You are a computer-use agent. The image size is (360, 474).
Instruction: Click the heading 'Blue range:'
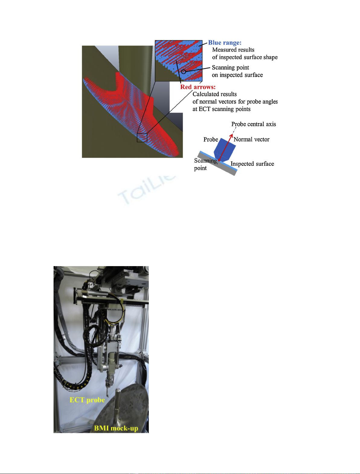[x=224, y=43]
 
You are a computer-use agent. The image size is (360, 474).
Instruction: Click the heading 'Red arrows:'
[x=198, y=87]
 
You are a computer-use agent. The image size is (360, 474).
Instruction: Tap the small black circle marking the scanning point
[x=183, y=72]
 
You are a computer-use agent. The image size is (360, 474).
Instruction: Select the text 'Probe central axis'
[x=253, y=124]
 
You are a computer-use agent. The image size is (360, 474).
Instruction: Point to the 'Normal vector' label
[x=251, y=139]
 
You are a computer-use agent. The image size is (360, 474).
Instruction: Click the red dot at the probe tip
[x=219, y=160]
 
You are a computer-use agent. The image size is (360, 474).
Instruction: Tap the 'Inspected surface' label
[x=252, y=164]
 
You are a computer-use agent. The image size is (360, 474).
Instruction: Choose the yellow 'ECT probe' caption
[x=87, y=400]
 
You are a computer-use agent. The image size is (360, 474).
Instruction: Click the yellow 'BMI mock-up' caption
[x=116, y=428]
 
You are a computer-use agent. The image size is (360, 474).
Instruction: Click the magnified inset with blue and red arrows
[x=178, y=61]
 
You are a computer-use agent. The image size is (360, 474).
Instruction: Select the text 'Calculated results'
[x=214, y=94]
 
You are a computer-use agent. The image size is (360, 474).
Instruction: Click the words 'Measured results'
[x=233, y=50]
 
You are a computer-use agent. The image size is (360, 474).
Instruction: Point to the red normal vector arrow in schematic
[x=226, y=147]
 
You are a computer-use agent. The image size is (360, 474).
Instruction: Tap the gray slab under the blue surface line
[x=217, y=164]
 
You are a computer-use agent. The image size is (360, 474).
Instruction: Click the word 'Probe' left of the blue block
[x=211, y=139]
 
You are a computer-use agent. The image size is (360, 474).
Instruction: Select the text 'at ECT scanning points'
[x=221, y=109]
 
